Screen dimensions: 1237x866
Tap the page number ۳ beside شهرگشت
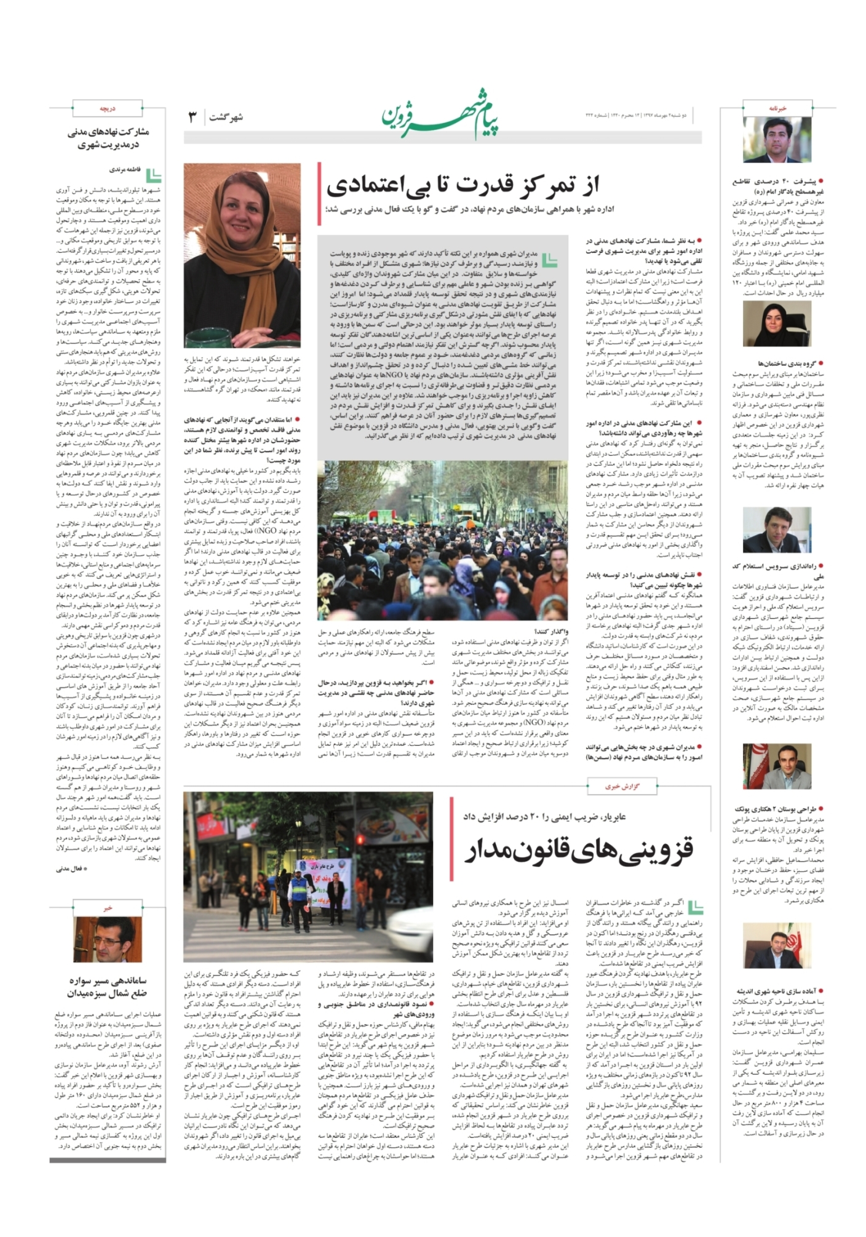192,117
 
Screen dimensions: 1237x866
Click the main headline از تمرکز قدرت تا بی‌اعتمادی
463,184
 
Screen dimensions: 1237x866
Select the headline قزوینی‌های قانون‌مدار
578,850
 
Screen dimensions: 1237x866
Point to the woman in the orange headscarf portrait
242,255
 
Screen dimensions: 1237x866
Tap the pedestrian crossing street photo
308,877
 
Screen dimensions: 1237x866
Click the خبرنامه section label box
777,108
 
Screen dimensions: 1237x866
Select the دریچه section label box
108,108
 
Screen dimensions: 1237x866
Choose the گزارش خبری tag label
622,786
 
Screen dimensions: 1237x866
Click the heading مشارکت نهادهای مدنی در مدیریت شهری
108,138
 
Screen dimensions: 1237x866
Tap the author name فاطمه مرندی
125,169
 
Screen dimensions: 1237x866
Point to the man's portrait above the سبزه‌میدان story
108,939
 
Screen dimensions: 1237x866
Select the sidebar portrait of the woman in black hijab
777,324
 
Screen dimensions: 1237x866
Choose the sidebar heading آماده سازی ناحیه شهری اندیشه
781,992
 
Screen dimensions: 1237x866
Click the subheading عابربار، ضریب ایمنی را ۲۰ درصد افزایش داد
544,816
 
